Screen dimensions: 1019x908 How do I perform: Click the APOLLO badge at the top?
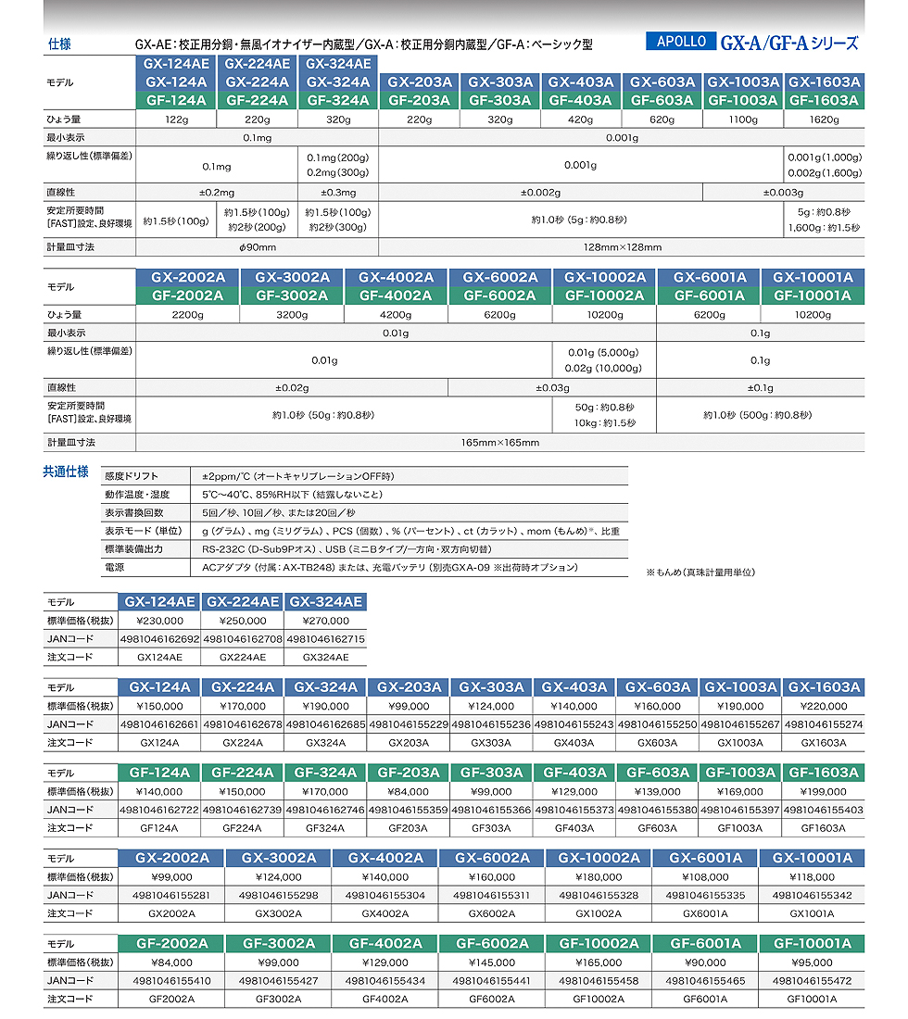(681, 42)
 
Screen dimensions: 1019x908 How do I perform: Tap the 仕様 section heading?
(59, 44)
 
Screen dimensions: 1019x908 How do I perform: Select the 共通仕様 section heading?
(66, 472)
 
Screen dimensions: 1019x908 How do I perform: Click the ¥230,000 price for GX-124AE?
(159, 621)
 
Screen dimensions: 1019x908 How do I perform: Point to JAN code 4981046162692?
(159, 639)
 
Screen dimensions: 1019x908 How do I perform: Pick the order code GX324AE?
(327, 657)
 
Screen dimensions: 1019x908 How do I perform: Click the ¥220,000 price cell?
(823, 706)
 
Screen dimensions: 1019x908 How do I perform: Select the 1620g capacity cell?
(824, 120)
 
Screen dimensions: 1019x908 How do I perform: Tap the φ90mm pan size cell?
(257, 247)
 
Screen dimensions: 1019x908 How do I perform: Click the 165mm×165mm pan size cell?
(499, 443)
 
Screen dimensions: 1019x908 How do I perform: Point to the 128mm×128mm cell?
(621, 247)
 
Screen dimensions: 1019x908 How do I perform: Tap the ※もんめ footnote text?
(700, 572)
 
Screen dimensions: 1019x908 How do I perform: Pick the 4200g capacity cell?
(396, 315)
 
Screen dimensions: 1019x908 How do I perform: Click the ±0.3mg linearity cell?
(338, 193)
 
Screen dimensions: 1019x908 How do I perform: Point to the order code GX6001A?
(705, 913)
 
